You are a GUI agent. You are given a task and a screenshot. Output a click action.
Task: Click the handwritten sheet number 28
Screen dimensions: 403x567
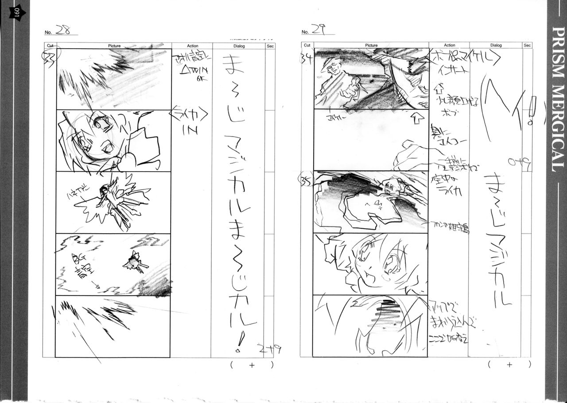(x=63, y=30)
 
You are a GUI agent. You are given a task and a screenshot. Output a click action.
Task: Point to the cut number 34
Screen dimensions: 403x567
(x=307, y=58)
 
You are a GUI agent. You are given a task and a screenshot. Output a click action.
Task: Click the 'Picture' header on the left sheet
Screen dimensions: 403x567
(x=114, y=46)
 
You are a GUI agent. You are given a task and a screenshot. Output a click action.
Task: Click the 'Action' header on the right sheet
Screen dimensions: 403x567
(x=449, y=45)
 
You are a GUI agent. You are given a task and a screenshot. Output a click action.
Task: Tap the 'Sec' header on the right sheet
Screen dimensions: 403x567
(x=527, y=45)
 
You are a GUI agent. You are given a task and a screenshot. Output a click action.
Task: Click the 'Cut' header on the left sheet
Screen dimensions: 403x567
(x=50, y=46)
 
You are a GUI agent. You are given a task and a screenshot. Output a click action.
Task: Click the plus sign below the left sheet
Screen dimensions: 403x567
(x=252, y=365)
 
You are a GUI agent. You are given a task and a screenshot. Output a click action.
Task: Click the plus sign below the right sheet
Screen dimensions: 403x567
(x=509, y=365)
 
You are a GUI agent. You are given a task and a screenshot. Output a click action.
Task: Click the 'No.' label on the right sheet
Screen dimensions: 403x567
(x=305, y=32)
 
